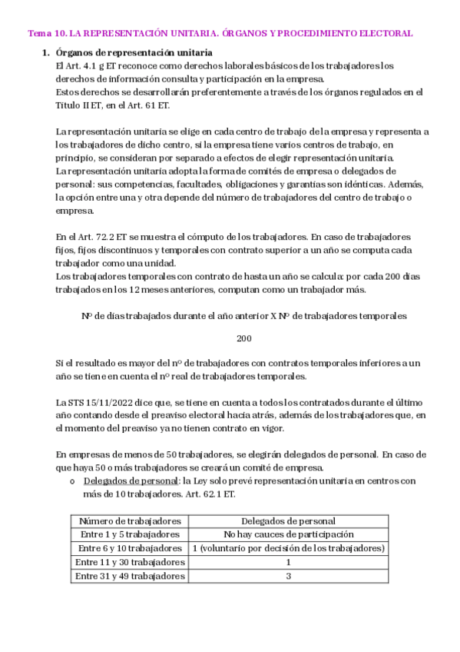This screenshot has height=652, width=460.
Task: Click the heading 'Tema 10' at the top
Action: click(45, 34)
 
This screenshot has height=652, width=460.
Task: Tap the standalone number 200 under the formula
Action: click(243, 338)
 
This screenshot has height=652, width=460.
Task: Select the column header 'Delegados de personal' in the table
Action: click(288, 521)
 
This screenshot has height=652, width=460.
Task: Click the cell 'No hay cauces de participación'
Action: click(288, 534)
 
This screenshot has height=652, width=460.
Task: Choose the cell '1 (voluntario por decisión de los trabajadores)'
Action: click(288, 547)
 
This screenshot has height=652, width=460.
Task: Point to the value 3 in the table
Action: click(288, 575)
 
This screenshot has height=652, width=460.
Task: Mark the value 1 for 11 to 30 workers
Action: click(288, 561)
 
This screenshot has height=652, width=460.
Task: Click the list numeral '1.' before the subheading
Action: click(44, 53)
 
